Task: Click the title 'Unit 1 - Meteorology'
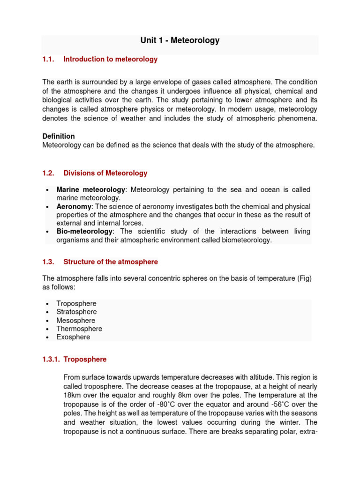(180, 40)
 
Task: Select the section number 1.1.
(48, 59)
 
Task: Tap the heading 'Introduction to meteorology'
(111, 59)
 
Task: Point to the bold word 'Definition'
(59, 136)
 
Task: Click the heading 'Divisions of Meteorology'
(105, 173)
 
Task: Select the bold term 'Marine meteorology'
(91, 189)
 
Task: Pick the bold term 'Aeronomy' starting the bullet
(74, 206)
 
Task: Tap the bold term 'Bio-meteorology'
(84, 232)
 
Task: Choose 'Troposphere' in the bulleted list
(76, 304)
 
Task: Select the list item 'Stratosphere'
(76, 312)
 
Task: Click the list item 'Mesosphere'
(76, 321)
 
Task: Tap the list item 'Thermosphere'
(79, 329)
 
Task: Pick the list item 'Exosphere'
(73, 337)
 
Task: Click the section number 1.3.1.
(51, 359)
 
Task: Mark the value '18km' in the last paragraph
(72, 395)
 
